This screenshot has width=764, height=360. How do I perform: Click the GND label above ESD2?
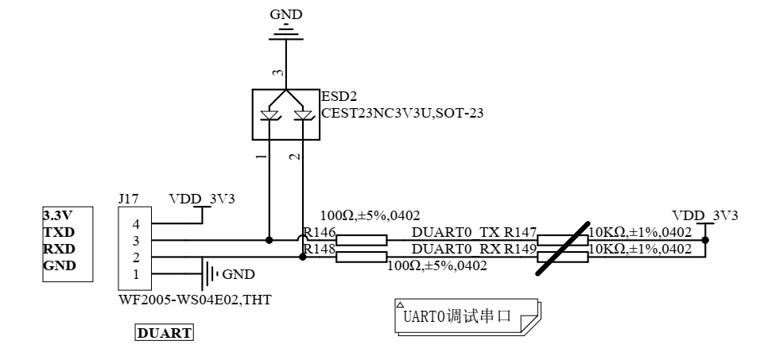tap(286, 14)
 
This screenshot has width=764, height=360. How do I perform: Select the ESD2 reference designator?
tap(335, 97)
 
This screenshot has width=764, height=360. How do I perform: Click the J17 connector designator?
tap(127, 199)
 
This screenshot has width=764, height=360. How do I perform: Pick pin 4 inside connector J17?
tap(135, 226)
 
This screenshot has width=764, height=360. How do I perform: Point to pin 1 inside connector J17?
tap(135, 274)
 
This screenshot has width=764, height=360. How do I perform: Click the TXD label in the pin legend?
tap(58, 234)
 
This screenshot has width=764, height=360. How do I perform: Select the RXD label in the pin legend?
tap(58, 250)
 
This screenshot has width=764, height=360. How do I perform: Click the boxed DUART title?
tap(165, 334)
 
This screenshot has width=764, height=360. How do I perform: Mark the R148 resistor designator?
tap(320, 250)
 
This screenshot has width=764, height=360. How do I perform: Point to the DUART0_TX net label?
tap(456, 232)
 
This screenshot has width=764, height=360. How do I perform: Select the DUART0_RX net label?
tap(456, 249)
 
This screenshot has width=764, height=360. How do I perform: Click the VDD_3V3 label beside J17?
tap(202, 199)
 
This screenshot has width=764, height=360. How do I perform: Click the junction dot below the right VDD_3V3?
tap(704, 240)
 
